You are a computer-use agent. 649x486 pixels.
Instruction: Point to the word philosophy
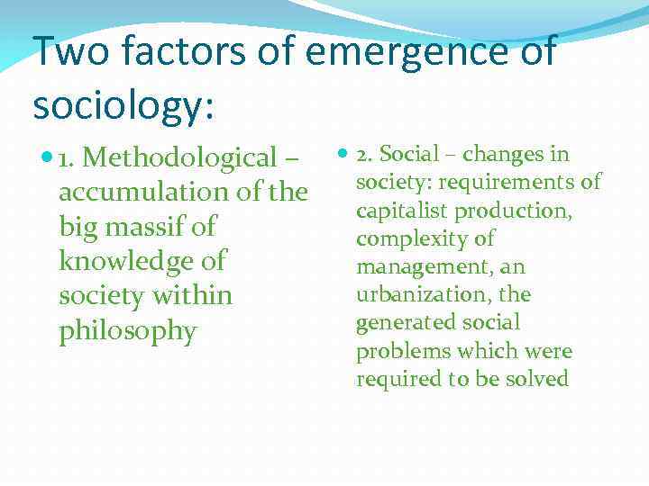pos(127,331)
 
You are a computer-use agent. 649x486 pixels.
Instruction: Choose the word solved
pos(537,379)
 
